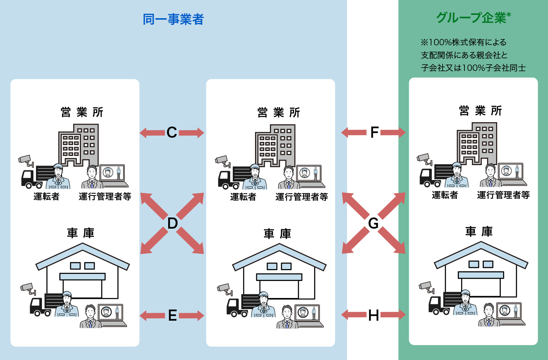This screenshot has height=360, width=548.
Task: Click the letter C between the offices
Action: coord(172,132)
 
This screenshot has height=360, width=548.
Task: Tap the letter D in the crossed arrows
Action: coord(173,223)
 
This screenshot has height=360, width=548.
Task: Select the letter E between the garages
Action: coord(172,315)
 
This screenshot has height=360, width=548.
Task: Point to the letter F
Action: coord(374,132)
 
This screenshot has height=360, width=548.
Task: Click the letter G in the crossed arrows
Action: coord(373,223)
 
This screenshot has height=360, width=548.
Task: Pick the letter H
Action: coord(374,315)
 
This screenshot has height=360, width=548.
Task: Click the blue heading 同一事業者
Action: coord(173,19)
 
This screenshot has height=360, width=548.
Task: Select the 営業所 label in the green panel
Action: coord(480,111)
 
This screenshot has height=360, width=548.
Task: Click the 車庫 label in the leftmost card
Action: coord(81,233)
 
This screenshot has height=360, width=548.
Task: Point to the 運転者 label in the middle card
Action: coord(243,197)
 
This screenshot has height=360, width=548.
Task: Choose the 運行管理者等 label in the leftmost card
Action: coord(105,196)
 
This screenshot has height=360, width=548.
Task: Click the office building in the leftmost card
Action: coord(79,145)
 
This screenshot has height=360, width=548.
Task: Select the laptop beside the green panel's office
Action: coord(512,173)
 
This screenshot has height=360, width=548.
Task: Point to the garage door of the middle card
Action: coord(279,289)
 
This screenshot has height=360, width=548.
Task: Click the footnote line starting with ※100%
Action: coord(463,42)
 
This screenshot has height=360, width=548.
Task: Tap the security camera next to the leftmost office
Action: coord(26,160)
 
